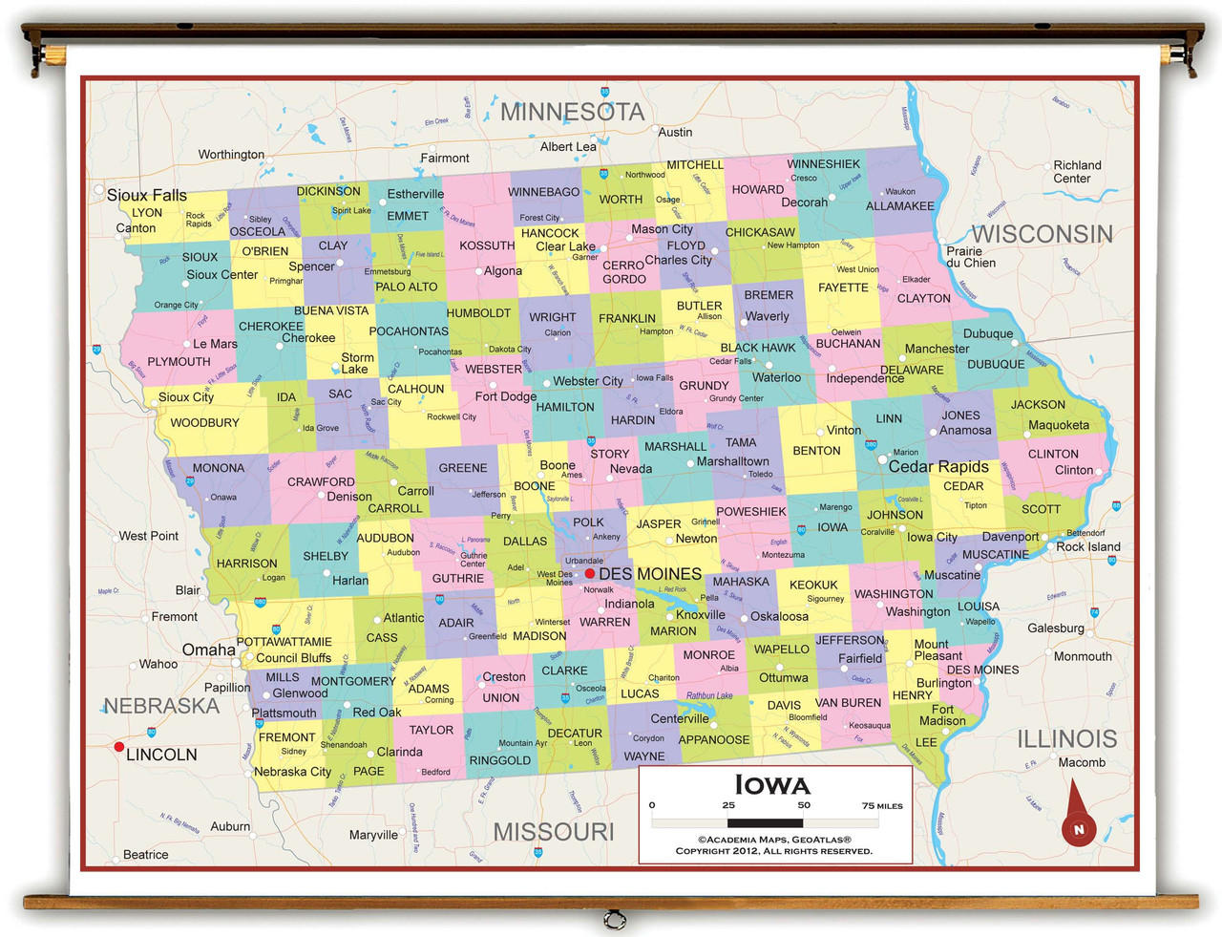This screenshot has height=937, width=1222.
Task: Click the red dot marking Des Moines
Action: (x=590, y=573)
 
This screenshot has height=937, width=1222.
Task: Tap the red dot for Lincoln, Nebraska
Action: (x=118, y=747)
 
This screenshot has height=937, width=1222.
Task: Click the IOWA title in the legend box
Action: (x=772, y=785)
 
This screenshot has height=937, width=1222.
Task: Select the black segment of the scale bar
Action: (x=765, y=822)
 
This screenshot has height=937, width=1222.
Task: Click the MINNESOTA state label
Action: (x=572, y=112)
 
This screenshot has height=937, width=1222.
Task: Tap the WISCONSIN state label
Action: (x=1042, y=234)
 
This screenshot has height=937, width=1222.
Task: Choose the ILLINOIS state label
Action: (x=1066, y=738)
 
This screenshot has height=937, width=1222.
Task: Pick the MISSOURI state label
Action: (x=554, y=831)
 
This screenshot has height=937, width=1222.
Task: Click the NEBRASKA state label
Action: (x=161, y=706)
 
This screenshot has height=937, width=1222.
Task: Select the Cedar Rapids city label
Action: (x=938, y=466)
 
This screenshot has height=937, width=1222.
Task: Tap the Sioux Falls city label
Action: (x=147, y=195)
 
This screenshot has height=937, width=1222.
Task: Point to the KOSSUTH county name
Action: (x=487, y=245)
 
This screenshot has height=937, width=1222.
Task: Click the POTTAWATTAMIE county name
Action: (x=284, y=642)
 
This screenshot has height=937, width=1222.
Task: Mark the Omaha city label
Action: (x=208, y=650)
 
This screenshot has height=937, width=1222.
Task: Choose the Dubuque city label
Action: (x=988, y=333)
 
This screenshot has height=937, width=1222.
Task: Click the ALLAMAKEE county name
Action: (x=899, y=206)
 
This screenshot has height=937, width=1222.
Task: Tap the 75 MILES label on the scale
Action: (x=882, y=805)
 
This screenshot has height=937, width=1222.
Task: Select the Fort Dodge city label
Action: (x=505, y=396)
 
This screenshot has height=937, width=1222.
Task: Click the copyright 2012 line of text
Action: (x=773, y=851)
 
